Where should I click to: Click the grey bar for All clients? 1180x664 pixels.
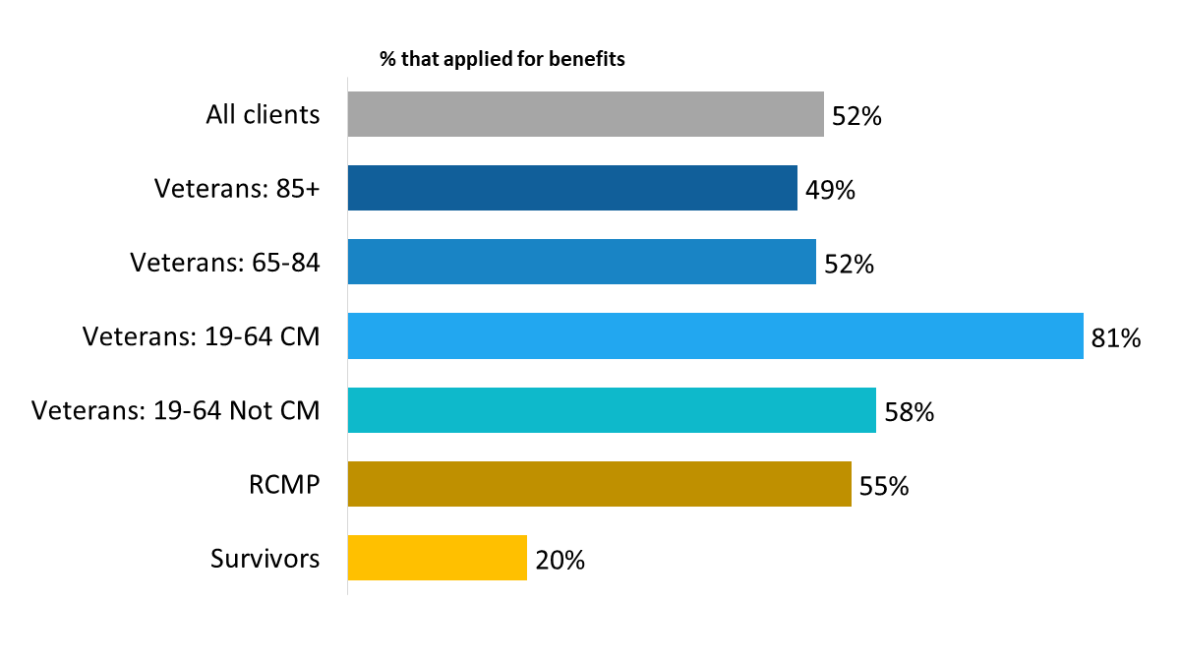click(x=585, y=114)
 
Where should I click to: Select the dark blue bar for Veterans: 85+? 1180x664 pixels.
click(x=572, y=188)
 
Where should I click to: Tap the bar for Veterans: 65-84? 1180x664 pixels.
click(x=581, y=262)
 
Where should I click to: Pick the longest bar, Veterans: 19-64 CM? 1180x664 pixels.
click(x=715, y=336)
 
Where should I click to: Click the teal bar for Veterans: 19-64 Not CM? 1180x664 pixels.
click(x=612, y=410)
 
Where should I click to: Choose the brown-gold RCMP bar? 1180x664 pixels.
click(x=599, y=484)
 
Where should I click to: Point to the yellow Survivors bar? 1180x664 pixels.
click(x=437, y=558)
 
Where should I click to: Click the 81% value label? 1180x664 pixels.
click(x=1115, y=339)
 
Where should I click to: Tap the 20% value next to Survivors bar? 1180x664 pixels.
click(x=560, y=561)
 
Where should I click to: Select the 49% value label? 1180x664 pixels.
click(x=830, y=191)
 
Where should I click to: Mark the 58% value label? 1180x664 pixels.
click(x=909, y=413)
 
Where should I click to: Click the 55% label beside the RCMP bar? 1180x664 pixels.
click(x=884, y=487)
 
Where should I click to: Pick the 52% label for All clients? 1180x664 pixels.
click(x=856, y=117)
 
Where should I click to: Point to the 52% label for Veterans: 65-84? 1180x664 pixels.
click(x=850, y=265)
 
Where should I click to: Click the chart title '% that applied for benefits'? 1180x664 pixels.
click(x=502, y=59)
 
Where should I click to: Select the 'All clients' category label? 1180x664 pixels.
click(x=263, y=114)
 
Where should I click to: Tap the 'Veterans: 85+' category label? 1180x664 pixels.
click(x=237, y=188)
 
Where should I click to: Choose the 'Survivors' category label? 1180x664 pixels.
click(x=265, y=559)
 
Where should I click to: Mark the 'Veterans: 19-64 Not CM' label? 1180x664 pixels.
click(x=176, y=410)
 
